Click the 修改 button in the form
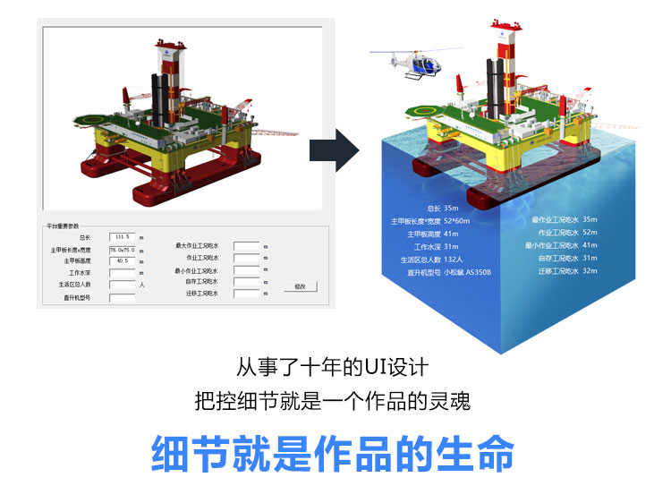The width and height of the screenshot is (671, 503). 300,286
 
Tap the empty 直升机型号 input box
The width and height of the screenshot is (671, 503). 122,297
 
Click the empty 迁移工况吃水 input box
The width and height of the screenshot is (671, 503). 245,294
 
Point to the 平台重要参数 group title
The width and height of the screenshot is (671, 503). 62,226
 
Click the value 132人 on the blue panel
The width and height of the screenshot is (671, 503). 456,260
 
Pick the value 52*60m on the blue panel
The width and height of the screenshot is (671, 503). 456,220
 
